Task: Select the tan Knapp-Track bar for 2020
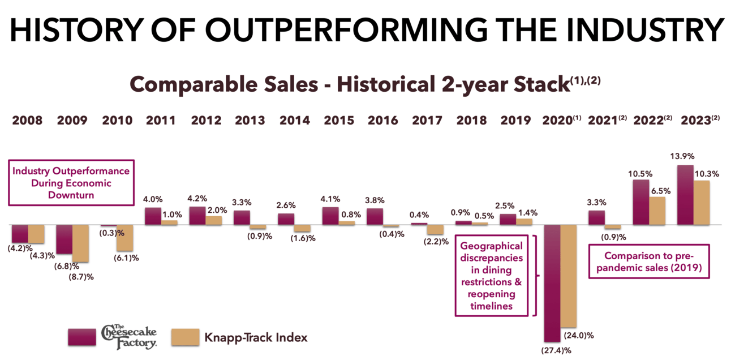coord(568,276)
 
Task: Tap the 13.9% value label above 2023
coord(685,156)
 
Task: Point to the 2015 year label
coord(338,121)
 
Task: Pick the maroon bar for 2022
coord(640,202)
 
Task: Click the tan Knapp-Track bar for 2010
coord(124,238)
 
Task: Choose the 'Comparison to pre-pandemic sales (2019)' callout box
coord(649,260)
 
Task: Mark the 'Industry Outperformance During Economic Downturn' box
coord(71,183)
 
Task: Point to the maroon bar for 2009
coord(64,239)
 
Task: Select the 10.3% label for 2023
coord(707,174)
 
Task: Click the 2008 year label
coord(27,121)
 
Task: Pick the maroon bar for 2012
coord(197,216)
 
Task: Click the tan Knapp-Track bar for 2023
coord(702,203)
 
